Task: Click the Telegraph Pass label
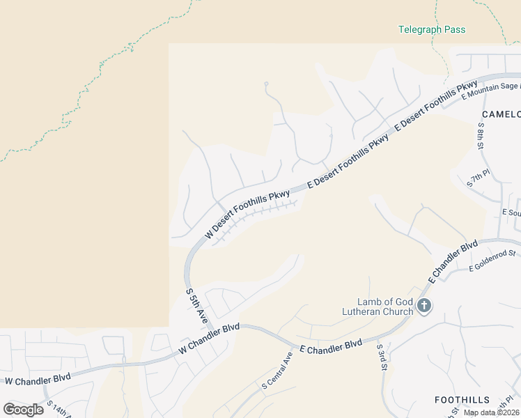[431, 30]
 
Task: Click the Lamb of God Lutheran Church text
[385, 307]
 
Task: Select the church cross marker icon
[424, 305]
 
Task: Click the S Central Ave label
[277, 370]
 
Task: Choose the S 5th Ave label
[196, 305]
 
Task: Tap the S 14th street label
[59, 409]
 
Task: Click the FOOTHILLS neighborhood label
[461, 400]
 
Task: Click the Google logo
[24, 409]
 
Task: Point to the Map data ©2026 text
[492, 412]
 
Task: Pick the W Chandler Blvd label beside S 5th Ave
[209, 338]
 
